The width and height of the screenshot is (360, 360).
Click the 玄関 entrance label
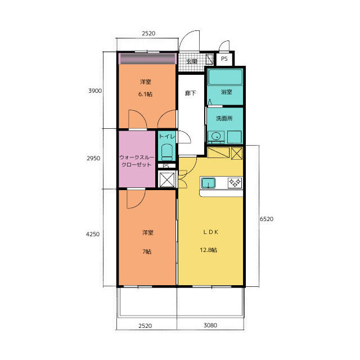[192, 61]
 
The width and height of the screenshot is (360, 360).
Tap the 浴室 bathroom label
[226, 92]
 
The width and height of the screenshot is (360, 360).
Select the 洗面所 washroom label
[224, 119]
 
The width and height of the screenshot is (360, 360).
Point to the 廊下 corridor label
[190, 93]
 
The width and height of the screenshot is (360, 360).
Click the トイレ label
[167, 136]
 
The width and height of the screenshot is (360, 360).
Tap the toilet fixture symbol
[167, 152]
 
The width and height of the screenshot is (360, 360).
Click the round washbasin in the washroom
[216, 137]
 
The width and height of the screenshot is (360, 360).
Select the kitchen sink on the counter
[208, 183]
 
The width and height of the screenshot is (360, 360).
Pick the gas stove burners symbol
[235, 183]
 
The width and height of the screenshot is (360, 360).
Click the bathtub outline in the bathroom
[225, 77]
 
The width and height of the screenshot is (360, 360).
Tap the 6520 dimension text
[267, 219]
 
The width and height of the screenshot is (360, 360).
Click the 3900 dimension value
[95, 91]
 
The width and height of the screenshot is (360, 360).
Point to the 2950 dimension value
[93, 158]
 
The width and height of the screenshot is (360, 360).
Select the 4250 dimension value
[93, 234]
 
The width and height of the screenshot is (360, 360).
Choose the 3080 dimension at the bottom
[210, 325]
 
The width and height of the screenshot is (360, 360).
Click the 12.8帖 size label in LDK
[208, 250]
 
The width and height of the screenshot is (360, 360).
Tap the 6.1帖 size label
[145, 94]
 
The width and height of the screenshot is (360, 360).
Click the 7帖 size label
[147, 252]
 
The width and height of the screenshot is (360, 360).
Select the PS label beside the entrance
[224, 58]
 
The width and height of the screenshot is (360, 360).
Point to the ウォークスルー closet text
[137, 157]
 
